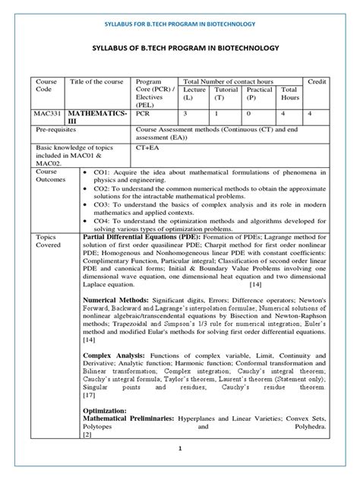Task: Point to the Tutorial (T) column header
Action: (227, 93)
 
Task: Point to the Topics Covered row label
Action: (46, 242)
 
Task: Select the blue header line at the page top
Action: (180, 24)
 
